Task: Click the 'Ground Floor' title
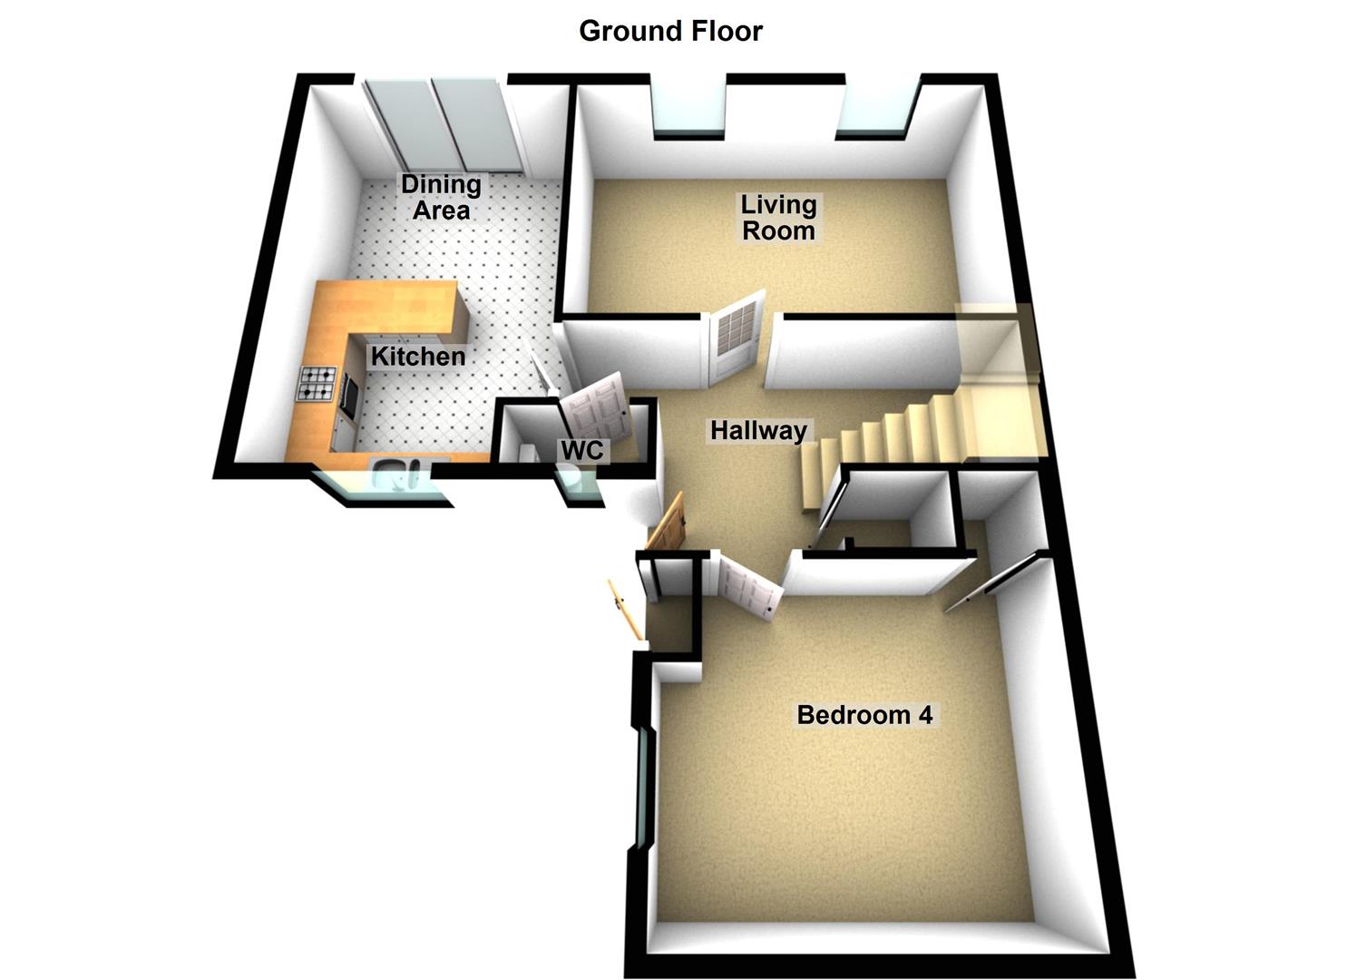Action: [670, 31]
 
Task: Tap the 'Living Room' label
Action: [778, 218]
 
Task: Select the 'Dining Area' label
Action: [442, 197]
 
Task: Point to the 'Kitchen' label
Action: [418, 357]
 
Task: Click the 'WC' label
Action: [581, 450]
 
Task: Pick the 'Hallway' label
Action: [758, 430]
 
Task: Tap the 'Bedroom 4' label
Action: [864, 715]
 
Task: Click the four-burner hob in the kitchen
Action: [317, 384]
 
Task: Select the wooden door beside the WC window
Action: [668, 524]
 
